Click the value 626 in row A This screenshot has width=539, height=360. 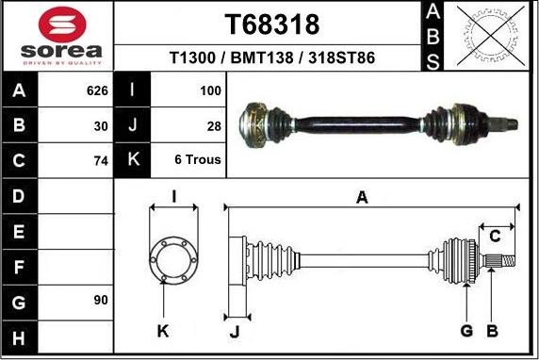(x=97, y=91)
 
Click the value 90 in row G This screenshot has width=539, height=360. (x=101, y=300)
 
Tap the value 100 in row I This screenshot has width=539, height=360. (x=210, y=91)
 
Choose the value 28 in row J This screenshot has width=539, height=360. (x=214, y=125)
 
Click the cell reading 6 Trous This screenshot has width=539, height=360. (x=198, y=160)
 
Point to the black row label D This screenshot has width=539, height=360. (x=20, y=196)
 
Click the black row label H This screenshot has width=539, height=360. (x=20, y=335)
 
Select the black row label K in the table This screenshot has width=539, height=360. (x=132, y=160)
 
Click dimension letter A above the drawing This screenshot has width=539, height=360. (x=361, y=197)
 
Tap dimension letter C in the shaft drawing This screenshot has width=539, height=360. (x=494, y=236)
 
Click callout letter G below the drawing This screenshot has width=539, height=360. (x=465, y=330)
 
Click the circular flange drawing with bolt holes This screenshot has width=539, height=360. (x=172, y=256)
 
